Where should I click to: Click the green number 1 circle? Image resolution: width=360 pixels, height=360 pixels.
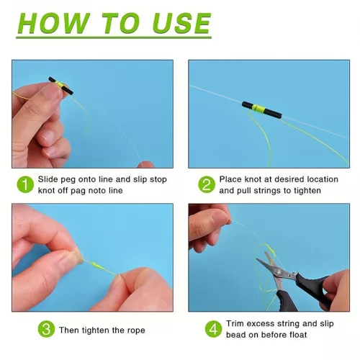(x=25, y=184)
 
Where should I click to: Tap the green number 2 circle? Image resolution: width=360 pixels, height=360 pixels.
(x=207, y=184)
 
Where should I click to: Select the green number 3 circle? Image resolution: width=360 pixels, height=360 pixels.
(x=46, y=329)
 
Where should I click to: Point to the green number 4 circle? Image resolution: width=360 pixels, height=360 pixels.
(x=213, y=329)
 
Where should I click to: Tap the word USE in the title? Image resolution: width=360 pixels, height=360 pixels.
(x=181, y=23)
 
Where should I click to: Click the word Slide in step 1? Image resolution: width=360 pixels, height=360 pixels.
(x=48, y=179)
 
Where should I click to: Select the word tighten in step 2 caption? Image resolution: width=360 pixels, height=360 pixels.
(x=307, y=191)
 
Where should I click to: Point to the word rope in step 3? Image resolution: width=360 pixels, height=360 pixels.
(x=136, y=330)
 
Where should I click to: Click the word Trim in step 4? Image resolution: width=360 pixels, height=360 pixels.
(x=235, y=323)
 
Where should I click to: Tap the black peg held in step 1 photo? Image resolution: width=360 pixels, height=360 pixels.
(x=61, y=86)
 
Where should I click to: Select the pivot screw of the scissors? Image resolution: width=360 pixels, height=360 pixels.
(x=278, y=271)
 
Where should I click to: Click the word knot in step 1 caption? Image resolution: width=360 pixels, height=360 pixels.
(x=45, y=191)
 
